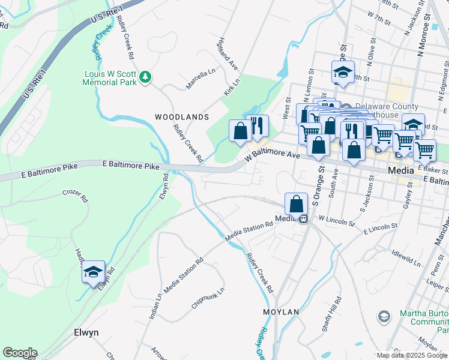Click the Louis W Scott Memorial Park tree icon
point(145,77)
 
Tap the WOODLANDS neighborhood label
point(182,117)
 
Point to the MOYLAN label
point(281,313)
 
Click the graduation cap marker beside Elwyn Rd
point(93,272)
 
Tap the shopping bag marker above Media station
point(297,204)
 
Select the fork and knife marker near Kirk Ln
point(257,126)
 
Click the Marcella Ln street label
point(200,79)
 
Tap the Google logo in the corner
point(19,353)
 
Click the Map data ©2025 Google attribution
point(412,355)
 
